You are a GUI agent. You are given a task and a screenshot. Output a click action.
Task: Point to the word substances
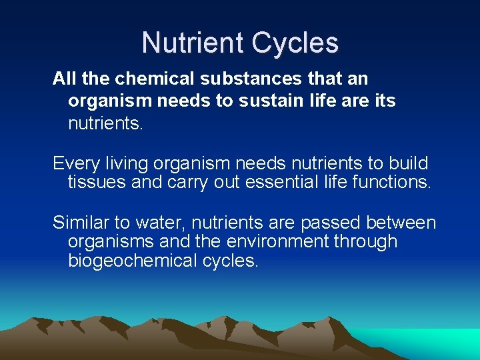point(242,79)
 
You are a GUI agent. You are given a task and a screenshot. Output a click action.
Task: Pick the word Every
point(73,163)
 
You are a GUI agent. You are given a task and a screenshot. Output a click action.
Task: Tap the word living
point(124,163)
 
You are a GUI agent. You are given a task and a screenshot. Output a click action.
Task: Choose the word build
point(407,163)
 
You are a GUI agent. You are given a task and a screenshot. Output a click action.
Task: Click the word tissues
point(97,183)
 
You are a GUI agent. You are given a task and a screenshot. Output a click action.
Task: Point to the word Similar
point(78,222)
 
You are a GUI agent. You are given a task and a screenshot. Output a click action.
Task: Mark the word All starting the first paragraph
point(64,79)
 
